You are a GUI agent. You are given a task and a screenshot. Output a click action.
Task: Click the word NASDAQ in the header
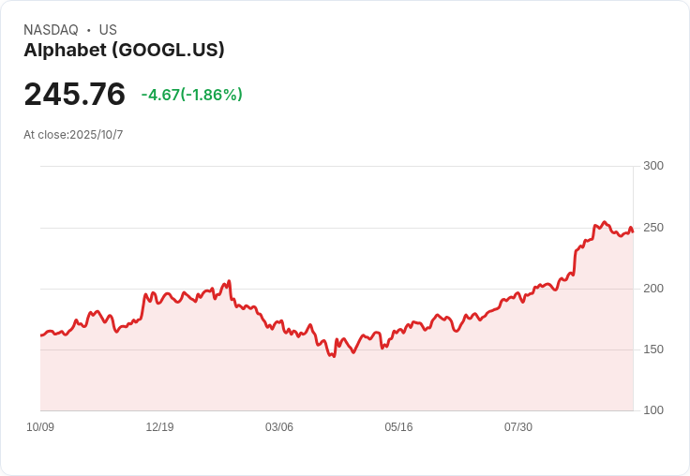pos(51,30)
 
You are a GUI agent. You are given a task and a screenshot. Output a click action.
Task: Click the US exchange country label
pos(108,30)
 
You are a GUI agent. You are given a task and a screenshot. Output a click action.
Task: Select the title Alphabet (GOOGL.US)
pos(124,51)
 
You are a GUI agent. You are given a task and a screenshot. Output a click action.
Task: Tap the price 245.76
pos(74,94)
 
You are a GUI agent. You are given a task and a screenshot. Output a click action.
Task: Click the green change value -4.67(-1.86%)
pos(191,95)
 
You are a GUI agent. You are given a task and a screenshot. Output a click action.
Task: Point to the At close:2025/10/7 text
pos(73,135)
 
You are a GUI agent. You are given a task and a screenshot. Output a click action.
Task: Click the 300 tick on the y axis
pos(652,166)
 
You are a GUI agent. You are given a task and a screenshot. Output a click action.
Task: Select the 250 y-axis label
pos(652,228)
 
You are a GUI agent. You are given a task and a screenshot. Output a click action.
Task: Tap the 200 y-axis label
pos(652,289)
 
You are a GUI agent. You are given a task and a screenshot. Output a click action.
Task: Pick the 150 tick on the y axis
pos(652,350)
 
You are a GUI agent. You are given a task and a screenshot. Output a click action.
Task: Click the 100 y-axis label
pos(652,410)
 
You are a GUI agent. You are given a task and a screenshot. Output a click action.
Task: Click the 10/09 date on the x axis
pos(40,427)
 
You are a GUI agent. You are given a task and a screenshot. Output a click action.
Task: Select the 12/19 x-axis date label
pos(159,427)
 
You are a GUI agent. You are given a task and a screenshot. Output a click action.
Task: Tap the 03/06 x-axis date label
pos(279,427)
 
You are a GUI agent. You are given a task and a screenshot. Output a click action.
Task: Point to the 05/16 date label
pos(398,427)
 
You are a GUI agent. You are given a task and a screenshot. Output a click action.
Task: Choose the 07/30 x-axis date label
pos(518,427)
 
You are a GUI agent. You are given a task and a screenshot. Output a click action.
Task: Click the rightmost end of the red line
pos(633,231)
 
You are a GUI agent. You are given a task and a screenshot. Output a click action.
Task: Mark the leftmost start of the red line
pos(41,335)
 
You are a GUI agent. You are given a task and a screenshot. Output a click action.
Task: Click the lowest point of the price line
pos(333,357)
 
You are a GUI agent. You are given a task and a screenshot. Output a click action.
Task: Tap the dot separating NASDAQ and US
pos(89,30)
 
